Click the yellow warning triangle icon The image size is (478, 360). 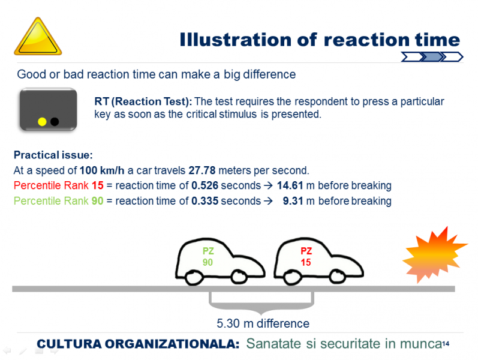tap(38, 37)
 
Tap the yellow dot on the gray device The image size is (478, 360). tap(42, 122)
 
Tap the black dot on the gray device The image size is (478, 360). tap(55, 122)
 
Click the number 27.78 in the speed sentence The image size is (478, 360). tap(202, 170)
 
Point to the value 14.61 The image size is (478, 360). tap(290, 185)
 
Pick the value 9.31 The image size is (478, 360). tap(293, 201)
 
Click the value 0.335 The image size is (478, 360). tap(205, 201)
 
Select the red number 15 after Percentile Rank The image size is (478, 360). tap(98, 185)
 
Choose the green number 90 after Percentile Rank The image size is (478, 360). tap(98, 201)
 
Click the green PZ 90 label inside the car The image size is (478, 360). tap(208, 257)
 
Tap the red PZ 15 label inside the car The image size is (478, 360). tap(306, 257)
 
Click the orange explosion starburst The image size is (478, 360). tap(435, 254)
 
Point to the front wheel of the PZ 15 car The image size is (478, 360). tap(337, 277)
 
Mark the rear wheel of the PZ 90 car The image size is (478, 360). tap(194, 277)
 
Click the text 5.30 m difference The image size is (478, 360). tap(263, 323)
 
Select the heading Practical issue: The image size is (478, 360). tap(53, 155)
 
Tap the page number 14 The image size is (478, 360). tap(446, 344)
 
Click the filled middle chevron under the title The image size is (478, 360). tap(432, 57)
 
